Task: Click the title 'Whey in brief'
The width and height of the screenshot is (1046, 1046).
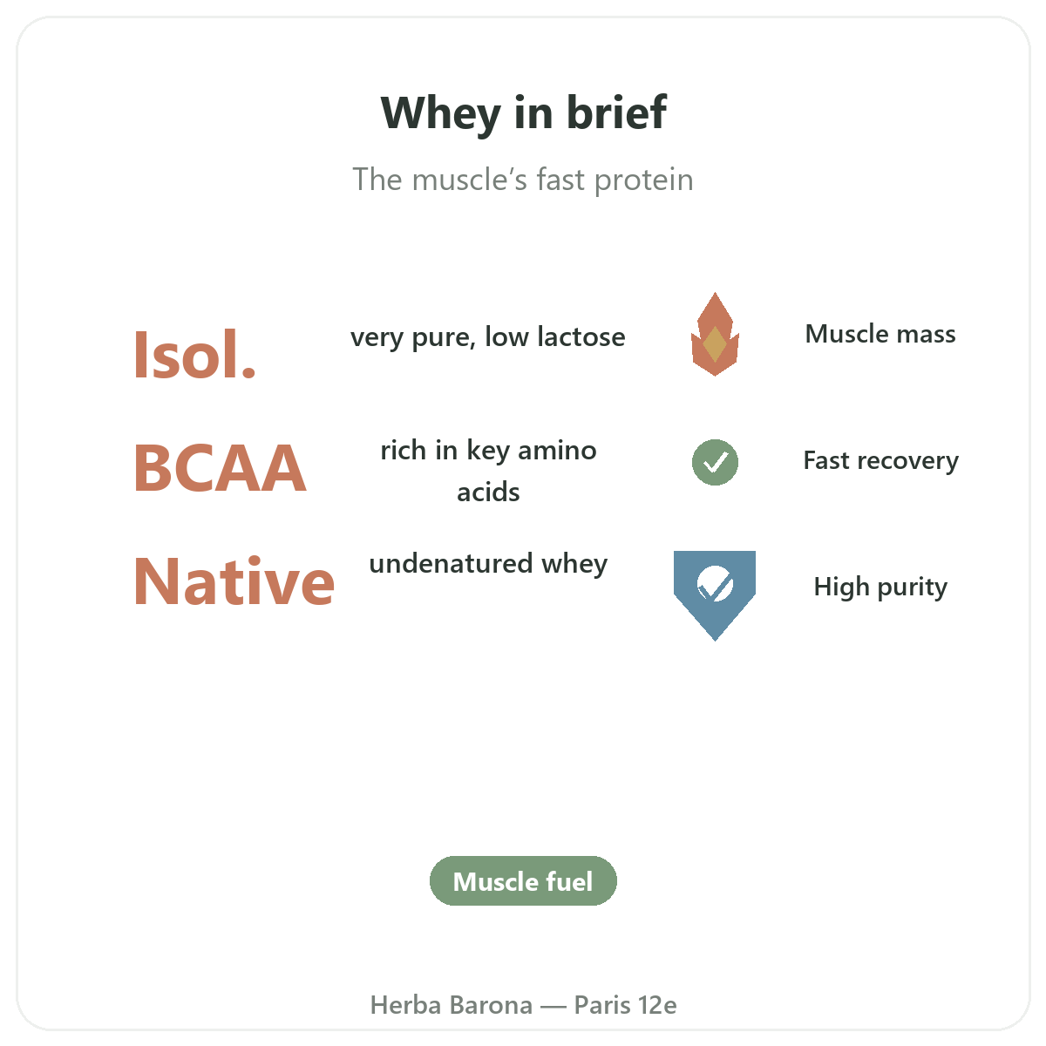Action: click(x=523, y=113)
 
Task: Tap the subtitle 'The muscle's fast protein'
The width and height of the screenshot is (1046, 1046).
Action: click(x=523, y=180)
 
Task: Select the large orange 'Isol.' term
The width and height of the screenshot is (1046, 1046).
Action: click(x=194, y=355)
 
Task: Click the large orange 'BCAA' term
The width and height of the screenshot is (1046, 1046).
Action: click(x=220, y=467)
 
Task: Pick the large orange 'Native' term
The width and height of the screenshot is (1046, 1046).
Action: click(x=234, y=581)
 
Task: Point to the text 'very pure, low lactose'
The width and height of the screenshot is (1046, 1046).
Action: click(x=488, y=337)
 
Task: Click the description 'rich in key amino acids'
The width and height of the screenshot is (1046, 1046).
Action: click(x=488, y=472)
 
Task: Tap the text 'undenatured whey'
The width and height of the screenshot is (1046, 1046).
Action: click(x=488, y=564)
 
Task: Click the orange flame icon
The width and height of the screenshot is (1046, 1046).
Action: click(x=715, y=335)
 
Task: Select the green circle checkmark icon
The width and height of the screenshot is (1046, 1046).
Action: click(x=715, y=462)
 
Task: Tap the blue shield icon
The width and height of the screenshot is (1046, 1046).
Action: click(x=715, y=594)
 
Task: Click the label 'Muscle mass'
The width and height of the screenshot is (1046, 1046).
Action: click(x=880, y=334)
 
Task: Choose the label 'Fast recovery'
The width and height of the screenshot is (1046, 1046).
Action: click(x=880, y=461)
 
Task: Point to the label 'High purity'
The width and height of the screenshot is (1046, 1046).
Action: click(x=880, y=588)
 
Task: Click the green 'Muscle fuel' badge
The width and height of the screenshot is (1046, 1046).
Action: click(x=523, y=880)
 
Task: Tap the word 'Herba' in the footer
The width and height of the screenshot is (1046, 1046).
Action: click(x=405, y=1005)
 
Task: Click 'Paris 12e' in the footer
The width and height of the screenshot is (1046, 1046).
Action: click(x=625, y=1005)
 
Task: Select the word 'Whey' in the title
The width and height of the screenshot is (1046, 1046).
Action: click(x=440, y=114)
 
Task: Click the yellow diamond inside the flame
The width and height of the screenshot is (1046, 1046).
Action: click(x=715, y=344)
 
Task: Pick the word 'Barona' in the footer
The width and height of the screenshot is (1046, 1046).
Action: click(x=492, y=1005)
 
